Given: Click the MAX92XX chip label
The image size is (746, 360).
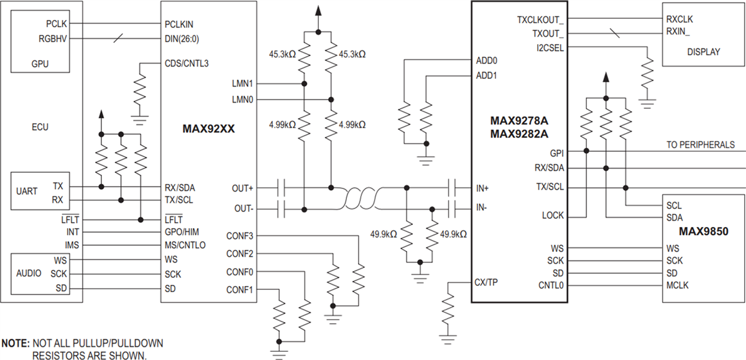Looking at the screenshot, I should click(208, 129).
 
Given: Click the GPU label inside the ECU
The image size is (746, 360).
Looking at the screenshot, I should click(40, 63).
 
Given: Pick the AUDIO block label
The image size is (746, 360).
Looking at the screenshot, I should click(29, 274).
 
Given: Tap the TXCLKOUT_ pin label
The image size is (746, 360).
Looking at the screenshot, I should click(540, 19).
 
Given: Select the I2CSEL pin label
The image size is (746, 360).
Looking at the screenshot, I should click(550, 47).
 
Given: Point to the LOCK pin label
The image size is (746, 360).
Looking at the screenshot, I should click(553, 216).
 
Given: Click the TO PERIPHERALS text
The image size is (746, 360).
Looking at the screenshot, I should click(700, 145).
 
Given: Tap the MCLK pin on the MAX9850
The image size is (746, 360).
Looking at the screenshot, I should click(677, 285).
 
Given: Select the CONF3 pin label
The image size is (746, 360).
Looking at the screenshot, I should click(239, 236).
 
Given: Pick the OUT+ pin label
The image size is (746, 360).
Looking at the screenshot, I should click(243, 187).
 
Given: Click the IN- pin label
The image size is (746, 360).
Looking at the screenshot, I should click(482, 206).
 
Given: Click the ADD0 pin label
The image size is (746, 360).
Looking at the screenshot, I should click(486, 61).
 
